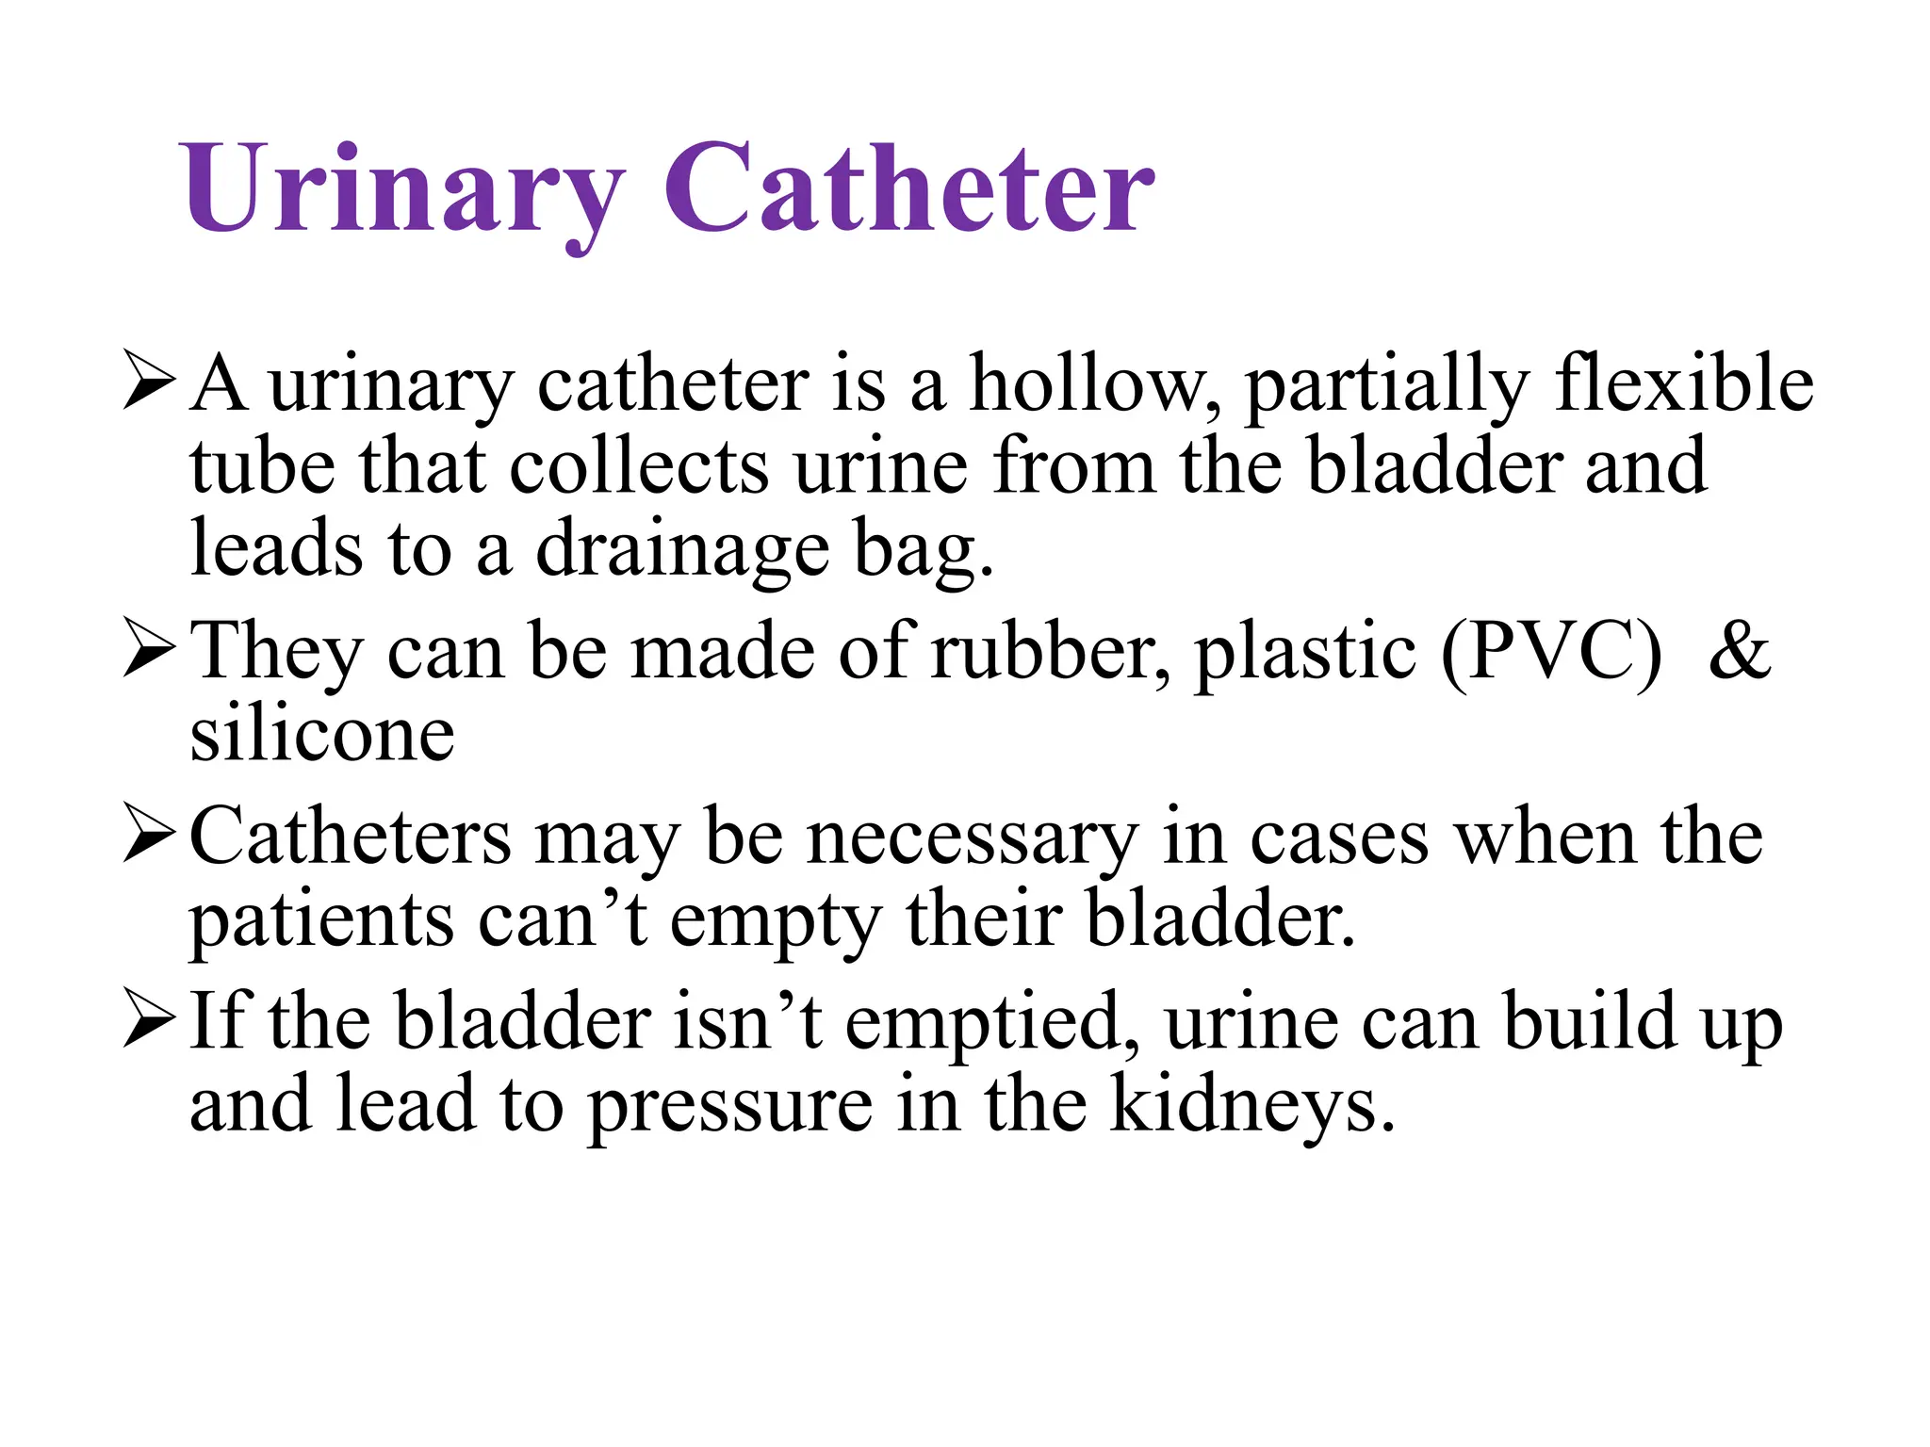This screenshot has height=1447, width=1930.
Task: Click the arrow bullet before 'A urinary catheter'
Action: tap(149, 382)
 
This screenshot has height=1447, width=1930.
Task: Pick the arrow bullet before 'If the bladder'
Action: tap(149, 1021)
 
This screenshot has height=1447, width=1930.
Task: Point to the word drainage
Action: tap(682, 551)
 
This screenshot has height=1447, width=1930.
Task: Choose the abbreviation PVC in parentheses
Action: tap(1552, 652)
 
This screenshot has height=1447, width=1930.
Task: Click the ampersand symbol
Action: tap(1740, 652)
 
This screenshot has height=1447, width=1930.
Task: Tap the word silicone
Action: tap(322, 734)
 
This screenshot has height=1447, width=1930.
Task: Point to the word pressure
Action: tap(730, 1106)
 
